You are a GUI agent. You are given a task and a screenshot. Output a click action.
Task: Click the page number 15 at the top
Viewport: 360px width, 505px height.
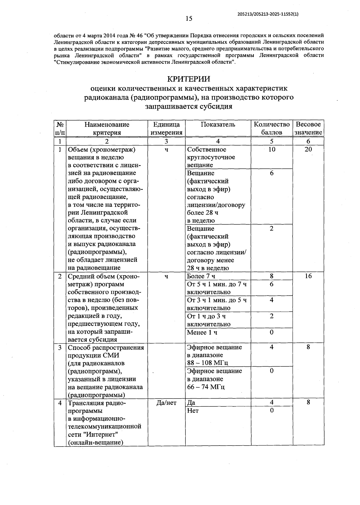click(189, 19)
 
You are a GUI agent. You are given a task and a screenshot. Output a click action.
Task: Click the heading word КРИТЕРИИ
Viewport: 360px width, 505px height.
click(188, 79)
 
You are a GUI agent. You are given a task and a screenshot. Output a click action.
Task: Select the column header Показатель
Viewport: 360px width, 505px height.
click(218, 125)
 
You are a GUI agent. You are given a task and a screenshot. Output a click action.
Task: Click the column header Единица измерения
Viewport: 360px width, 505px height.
click(166, 128)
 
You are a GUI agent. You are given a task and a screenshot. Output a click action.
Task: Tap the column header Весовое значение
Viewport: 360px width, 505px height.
click(308, 128)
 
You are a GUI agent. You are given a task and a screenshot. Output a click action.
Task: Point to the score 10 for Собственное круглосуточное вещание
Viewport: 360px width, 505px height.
click(271, 149)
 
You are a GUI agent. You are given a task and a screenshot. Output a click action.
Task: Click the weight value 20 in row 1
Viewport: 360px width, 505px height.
click(308, 149)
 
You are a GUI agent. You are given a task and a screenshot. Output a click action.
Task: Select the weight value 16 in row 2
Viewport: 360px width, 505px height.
click(308, 276)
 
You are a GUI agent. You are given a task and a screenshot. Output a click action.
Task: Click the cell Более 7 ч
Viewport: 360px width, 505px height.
click(201, 276)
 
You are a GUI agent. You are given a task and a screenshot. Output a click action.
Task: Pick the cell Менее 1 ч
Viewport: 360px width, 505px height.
click(202, 332)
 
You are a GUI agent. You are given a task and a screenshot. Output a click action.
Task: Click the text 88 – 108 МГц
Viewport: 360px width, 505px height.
click(208, 363)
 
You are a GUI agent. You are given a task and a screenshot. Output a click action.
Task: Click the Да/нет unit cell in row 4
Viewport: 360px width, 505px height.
click(166, 403)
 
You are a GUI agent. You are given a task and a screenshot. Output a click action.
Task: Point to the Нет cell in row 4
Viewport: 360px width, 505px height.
click(193, 410)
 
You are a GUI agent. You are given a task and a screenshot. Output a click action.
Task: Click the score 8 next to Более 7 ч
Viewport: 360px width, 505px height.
click(271, 276)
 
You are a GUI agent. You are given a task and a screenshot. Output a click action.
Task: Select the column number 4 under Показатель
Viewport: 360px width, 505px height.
click(218, 141)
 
